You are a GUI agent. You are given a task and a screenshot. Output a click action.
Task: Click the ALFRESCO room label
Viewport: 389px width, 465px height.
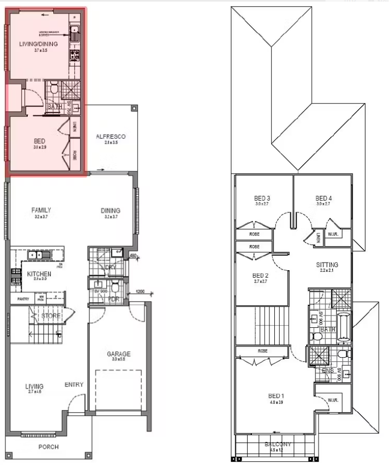click(110, 137)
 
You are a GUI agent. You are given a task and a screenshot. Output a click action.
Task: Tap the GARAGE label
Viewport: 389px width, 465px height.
click(118, 353)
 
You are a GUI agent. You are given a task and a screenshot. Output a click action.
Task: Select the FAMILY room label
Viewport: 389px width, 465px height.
click(41, 210)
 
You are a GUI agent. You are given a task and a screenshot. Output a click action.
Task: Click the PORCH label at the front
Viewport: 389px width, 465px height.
click(49, 447)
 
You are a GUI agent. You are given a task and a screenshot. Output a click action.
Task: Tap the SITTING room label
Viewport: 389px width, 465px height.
click(327, 265)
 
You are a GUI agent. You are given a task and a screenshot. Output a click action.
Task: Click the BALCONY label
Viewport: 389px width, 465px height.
click(278, 444)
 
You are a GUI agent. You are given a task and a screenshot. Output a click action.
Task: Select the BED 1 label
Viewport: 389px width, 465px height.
click(276, 396)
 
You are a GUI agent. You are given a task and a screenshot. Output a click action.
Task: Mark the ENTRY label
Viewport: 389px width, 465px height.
click(74, 384)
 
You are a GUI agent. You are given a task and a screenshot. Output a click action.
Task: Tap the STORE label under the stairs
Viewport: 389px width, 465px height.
click(51, 316)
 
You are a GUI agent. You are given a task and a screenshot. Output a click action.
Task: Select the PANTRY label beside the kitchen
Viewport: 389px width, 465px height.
click(23, 299)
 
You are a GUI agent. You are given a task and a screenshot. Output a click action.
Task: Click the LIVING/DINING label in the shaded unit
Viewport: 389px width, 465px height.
click(38, 44)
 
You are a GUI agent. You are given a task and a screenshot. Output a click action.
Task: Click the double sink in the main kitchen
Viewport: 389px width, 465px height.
click(38, 255)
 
